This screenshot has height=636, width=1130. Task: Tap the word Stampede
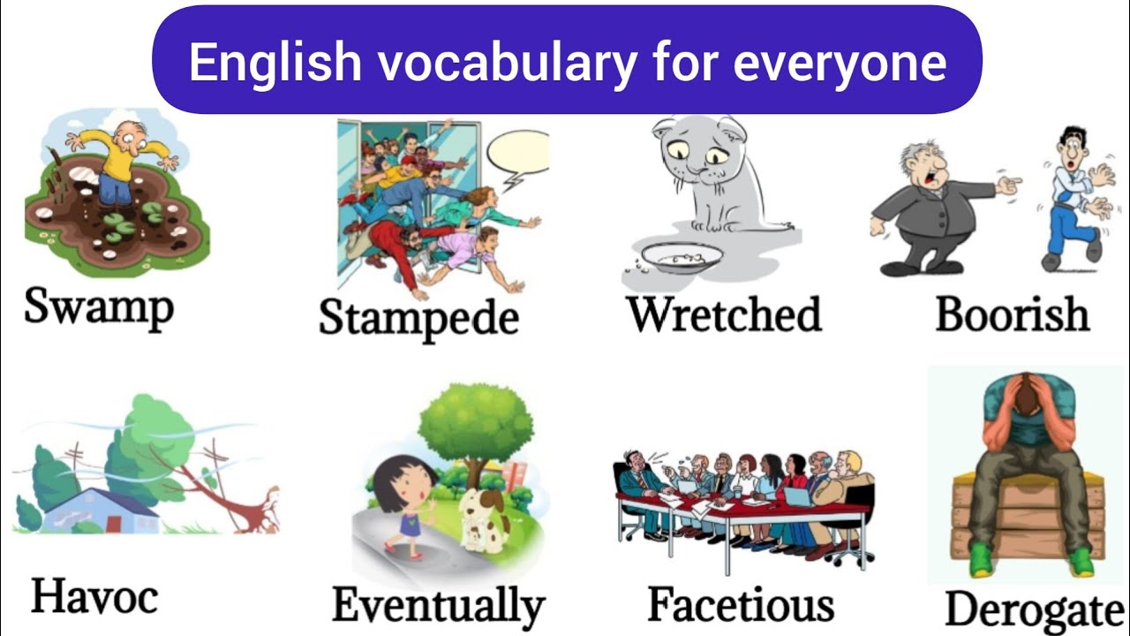[418, 317]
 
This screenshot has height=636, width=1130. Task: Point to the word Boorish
[1012, 314]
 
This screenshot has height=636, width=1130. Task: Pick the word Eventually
[439, 606]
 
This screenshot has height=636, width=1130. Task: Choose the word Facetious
[741, 605]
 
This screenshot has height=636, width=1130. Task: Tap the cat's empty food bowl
[682, 257]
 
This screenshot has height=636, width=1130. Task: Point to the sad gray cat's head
[699, 150]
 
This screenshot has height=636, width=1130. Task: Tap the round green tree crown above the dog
[476, 423]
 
